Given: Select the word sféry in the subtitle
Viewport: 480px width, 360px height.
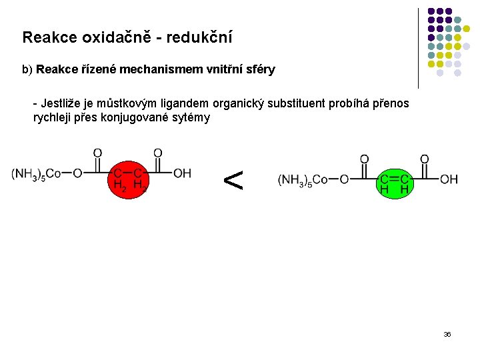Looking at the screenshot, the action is pos(260,69).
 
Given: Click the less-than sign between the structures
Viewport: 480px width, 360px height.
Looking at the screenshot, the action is pos(233,180).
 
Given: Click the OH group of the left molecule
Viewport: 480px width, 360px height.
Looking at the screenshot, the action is pos(182,173).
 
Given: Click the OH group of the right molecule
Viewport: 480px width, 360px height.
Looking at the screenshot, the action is pos(449,179).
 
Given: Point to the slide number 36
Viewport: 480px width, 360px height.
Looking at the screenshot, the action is pos(447,334).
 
